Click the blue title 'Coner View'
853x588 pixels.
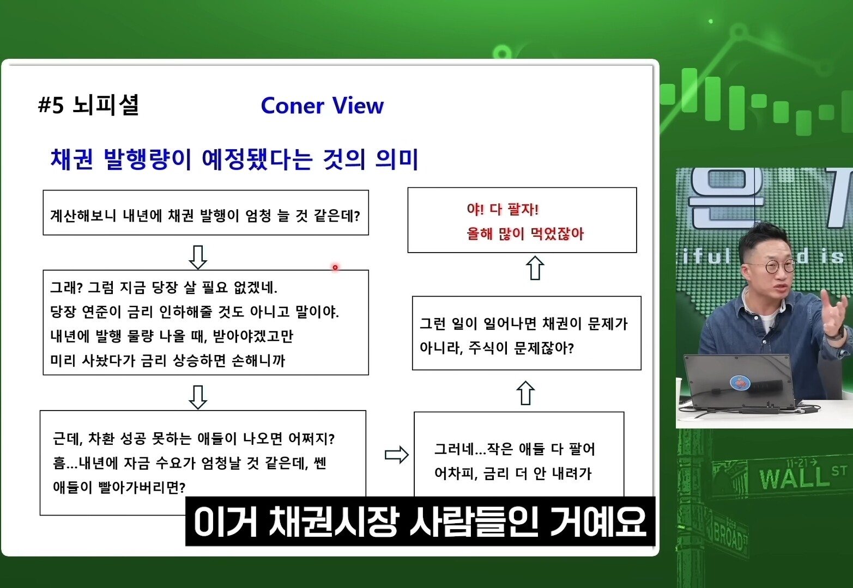322,106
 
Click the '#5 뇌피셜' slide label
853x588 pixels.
89,105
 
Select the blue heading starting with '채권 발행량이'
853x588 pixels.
234,159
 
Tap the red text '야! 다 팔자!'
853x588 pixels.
503,209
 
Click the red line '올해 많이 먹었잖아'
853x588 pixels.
525,234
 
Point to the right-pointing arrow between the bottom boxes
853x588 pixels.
396,455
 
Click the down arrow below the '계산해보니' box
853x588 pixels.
198,257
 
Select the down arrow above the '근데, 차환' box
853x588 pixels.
198,397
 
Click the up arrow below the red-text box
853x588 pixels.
535,268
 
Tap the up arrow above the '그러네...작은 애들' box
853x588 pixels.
525,393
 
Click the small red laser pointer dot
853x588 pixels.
335,267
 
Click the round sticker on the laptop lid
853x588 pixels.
740,383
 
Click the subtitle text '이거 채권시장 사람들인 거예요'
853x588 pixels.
420,522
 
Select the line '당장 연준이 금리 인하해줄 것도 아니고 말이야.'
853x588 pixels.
195,312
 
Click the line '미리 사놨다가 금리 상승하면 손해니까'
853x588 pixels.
167,360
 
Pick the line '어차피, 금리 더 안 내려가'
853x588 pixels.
513,474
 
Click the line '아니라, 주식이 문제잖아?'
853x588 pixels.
497,347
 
